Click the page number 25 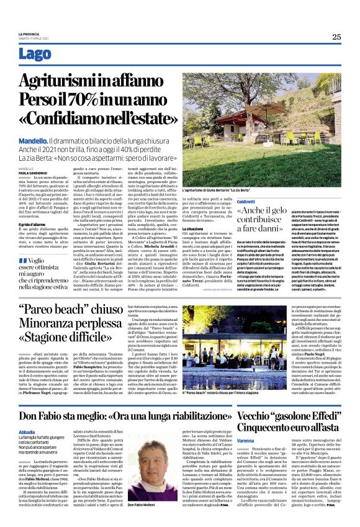336,37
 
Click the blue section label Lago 35,54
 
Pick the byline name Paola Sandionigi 31,174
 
